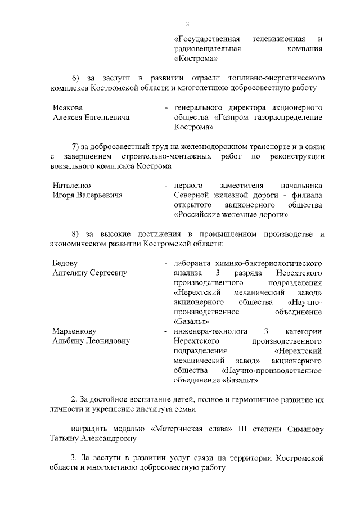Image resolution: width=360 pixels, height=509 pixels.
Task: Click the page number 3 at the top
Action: tap(187, 24)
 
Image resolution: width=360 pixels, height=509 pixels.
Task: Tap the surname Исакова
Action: tap(67, 107)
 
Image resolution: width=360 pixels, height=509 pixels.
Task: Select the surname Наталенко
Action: tap(71, 185)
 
